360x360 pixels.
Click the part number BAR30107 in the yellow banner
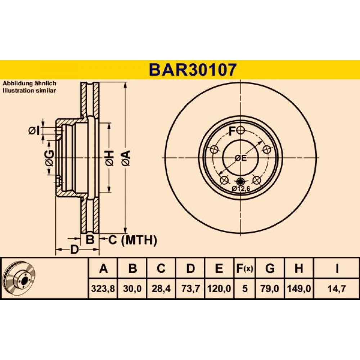[192, 70]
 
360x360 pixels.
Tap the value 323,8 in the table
[103, 288]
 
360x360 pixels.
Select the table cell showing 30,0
[132, 288]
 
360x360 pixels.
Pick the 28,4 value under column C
[161, 288]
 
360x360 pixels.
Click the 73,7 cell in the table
[190, 288]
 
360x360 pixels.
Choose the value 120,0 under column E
[219, 288]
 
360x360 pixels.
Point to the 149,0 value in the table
[299, 288]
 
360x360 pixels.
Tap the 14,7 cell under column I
[337, 288]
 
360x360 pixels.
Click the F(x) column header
[245, 269]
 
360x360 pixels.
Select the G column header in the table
[270, 269]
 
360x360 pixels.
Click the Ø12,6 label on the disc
[241, 189]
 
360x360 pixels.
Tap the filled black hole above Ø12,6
[240, 182]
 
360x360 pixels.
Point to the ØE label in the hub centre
[241, 158]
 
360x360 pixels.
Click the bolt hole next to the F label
[240, 131]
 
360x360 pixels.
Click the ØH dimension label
[109, 158]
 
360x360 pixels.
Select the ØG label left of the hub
[50, 158]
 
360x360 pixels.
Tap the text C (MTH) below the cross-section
[132, 240]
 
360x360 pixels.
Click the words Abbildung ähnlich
[30, 84]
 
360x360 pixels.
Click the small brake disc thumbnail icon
[20, 278]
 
